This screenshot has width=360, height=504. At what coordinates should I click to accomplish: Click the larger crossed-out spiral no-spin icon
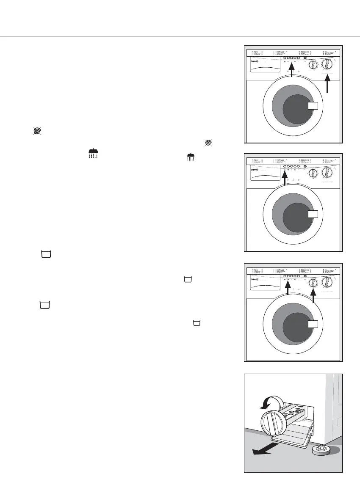tap(37, 132)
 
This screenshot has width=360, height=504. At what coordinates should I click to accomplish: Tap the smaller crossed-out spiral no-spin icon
tap(208, 143)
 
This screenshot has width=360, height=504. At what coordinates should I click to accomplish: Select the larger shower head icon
tap(93, 153)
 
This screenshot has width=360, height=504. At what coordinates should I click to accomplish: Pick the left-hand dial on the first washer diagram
tap(313, 65)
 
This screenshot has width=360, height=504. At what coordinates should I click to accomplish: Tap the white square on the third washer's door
tap(313, 325)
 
